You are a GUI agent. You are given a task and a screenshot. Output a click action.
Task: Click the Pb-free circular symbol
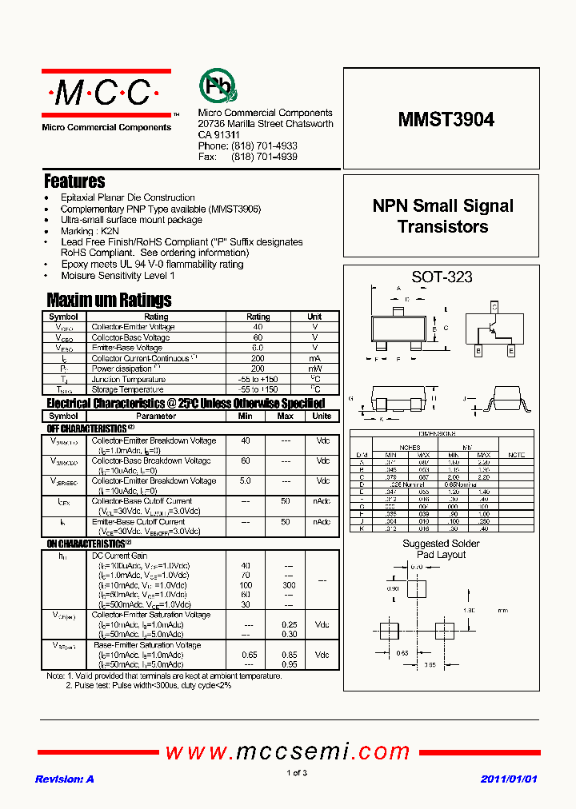[214, 85]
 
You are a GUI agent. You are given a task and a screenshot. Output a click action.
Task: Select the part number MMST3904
[446, 119]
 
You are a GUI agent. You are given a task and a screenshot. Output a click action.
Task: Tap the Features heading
[74, 181]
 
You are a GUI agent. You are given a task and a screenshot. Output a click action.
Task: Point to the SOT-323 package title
[442, 277]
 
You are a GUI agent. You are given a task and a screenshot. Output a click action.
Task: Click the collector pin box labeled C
[494, 307]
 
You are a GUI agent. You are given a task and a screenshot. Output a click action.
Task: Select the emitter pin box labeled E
[510, 350]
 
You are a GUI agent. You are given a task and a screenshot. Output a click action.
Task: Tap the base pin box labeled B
[478, 350]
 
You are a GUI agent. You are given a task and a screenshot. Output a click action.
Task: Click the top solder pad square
[417, 588]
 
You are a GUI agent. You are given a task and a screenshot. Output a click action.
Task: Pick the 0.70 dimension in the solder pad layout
[415, 567]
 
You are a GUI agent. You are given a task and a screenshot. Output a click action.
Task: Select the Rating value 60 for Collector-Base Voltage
[258, 337]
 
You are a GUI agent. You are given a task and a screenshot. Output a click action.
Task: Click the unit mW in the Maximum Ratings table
[314, 369]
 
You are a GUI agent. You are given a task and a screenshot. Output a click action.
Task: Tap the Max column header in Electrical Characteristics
[285, 416]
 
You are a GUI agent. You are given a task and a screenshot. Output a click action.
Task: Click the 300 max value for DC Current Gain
[289, 584]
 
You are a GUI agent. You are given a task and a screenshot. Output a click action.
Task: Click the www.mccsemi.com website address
[287, 751]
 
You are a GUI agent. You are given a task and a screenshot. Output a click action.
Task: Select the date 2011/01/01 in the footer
[509, 779]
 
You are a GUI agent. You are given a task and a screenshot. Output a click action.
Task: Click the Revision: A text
[65, 779]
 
